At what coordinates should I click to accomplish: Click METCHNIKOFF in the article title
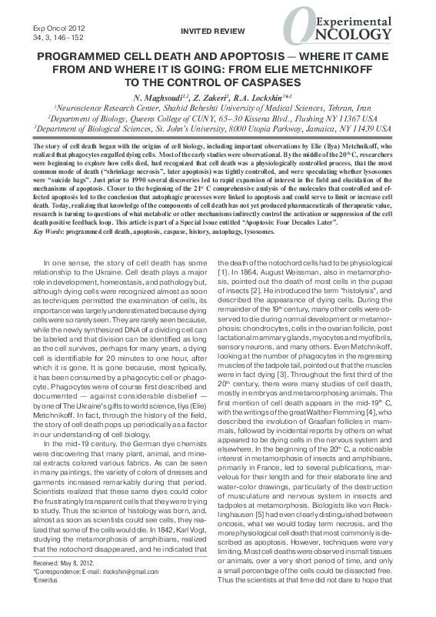[x=343, y=71]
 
